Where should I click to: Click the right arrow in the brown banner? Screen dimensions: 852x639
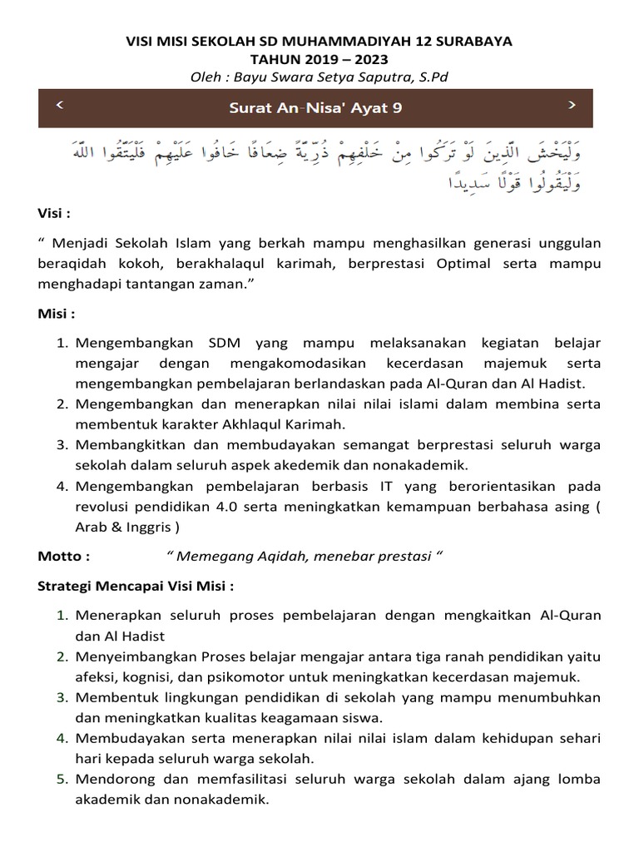pos(572,104)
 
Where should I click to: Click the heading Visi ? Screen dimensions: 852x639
pos(54,213)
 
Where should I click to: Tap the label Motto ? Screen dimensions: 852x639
pos(64,556)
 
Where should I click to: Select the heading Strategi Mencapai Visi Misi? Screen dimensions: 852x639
pos(136,586)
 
